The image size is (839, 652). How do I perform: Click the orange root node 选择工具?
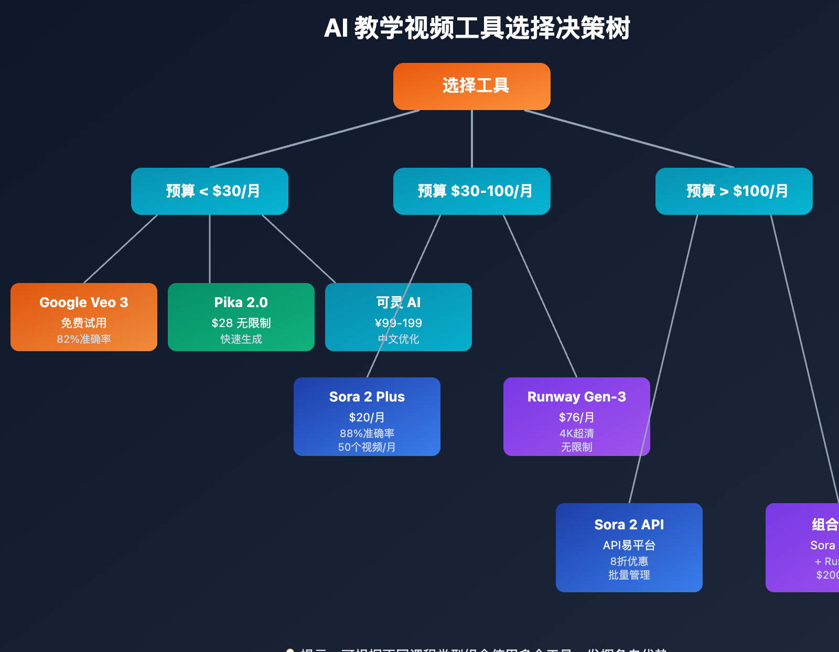472,86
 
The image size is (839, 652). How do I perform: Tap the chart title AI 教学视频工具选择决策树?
477,28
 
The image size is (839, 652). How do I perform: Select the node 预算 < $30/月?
210,191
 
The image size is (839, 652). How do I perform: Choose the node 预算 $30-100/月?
472,191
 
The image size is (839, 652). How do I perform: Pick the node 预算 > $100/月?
734,191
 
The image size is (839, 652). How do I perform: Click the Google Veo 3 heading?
84,302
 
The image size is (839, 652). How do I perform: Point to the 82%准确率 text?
84,339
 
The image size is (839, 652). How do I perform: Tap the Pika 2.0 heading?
241,302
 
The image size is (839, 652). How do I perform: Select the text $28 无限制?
241,323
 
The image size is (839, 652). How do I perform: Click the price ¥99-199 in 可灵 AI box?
399,323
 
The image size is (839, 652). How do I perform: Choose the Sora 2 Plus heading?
367,397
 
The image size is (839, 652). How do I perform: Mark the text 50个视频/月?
367,447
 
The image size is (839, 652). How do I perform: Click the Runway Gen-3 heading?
577,397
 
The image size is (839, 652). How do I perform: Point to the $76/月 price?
577,417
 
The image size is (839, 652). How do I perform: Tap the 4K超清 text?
577,433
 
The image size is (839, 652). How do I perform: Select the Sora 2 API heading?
629,525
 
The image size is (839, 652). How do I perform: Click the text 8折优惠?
629,561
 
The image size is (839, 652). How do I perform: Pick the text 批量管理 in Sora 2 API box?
629,575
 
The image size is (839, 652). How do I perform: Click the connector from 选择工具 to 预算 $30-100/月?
472,139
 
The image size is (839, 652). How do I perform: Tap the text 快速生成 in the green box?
241,339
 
